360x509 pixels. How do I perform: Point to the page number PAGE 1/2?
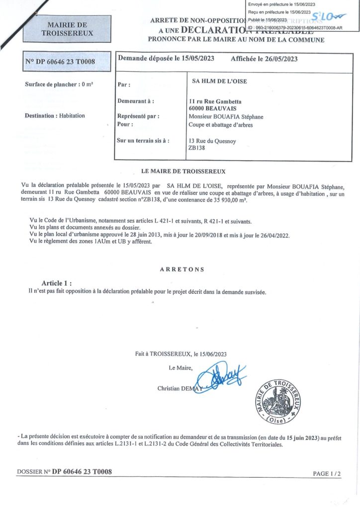(327, 474)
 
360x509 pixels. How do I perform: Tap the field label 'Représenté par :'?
(138, 117)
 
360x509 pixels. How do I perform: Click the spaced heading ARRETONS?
(182, 269)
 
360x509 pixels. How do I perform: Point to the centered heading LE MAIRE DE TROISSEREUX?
(183, 171)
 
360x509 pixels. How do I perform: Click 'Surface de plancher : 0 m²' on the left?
(59, 84)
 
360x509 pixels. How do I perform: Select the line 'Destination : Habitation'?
(55, 116)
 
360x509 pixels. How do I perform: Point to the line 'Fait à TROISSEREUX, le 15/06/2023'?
(180, 354)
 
